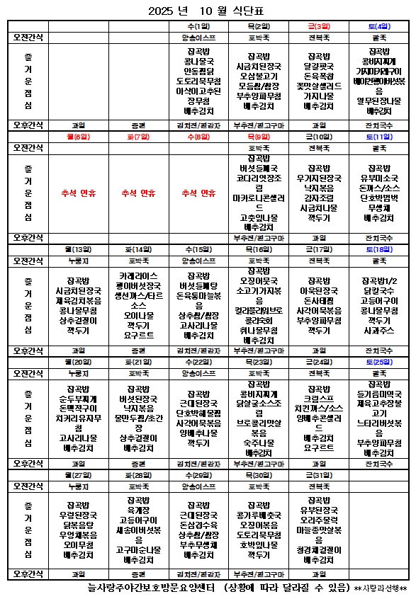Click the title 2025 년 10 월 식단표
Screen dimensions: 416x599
208,11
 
